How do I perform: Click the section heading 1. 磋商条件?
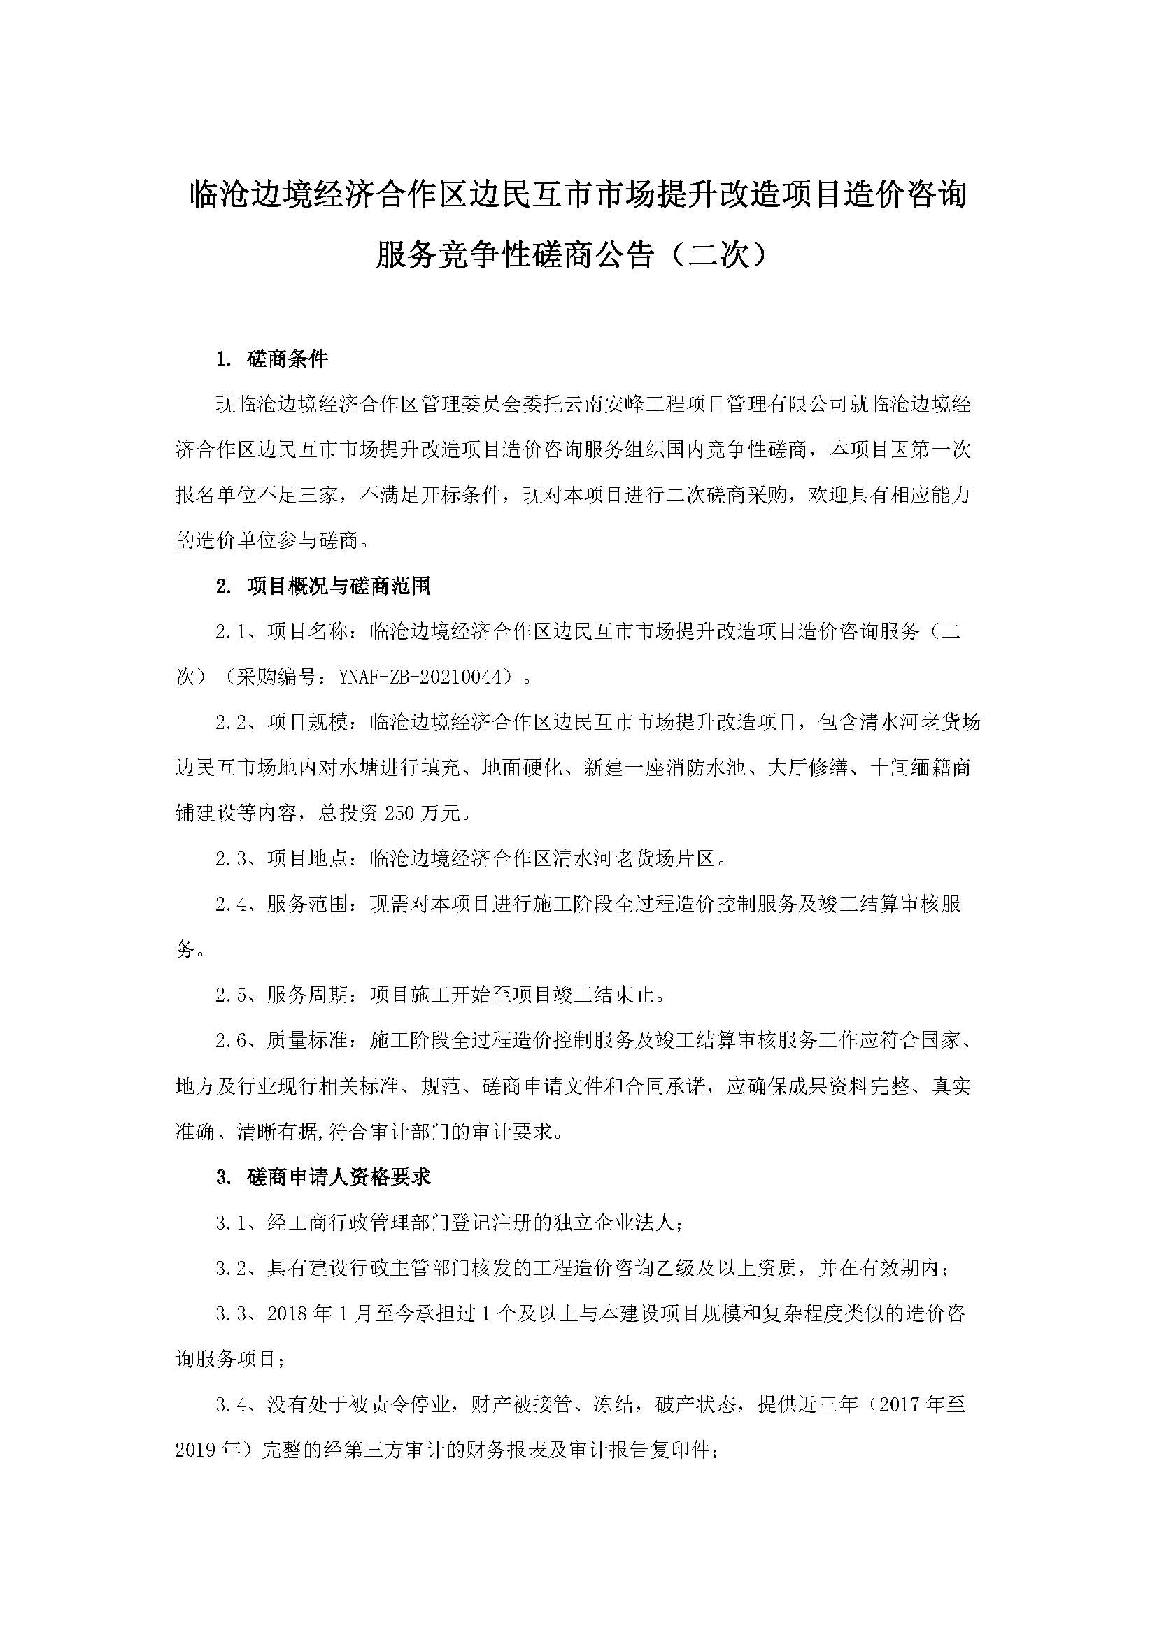pos(272,359)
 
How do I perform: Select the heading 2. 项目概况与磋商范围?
pos(323,586)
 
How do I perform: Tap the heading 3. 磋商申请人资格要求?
pos(323,1177)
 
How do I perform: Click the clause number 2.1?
pos(230,632)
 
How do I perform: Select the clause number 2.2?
pos(230,723)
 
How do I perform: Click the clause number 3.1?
pos(230,1223)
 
